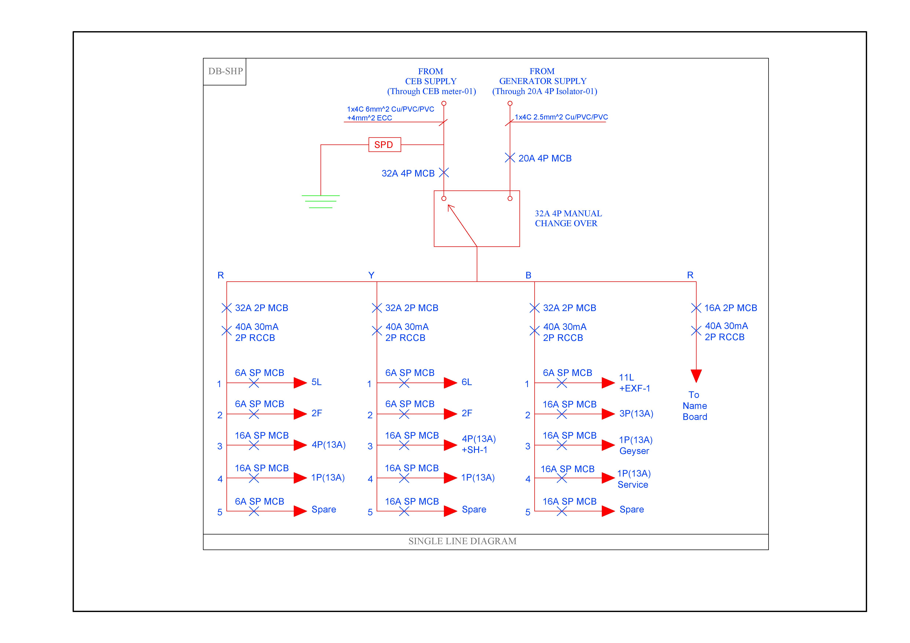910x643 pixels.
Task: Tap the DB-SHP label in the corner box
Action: (x=225, y=71)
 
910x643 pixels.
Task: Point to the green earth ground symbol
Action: (x=321, y=201)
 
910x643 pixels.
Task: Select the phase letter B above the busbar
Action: (x=528, y=275)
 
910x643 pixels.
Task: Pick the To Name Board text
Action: (x=694, y=406)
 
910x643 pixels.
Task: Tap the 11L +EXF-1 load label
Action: (x=634, y=383)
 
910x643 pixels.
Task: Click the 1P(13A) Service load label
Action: (x=634, y=479)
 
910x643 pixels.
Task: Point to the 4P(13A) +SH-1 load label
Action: (x=478, y=444)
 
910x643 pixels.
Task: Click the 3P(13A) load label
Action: (x=636, y=414)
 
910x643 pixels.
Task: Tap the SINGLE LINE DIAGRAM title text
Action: (x=462, y=541)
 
